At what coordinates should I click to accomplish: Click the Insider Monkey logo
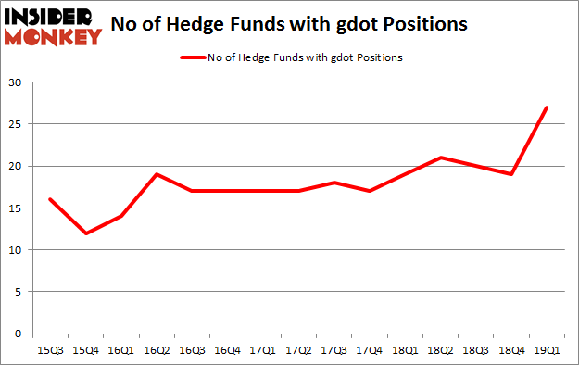54,26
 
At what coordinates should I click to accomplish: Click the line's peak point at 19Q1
547,107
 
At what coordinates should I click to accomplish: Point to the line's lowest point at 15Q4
85,233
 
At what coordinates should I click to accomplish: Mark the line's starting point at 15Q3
49,199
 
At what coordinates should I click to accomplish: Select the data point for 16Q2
157,174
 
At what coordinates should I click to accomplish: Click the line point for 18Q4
510,174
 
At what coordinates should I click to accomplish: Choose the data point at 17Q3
334,183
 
